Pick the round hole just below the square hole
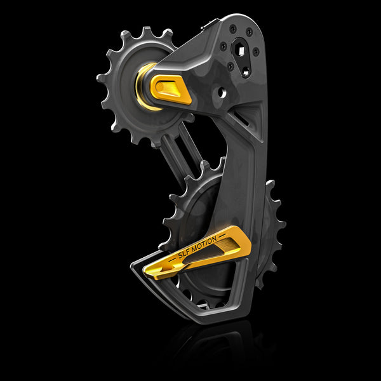coord(245,72)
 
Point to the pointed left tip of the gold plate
coord(145,274)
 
